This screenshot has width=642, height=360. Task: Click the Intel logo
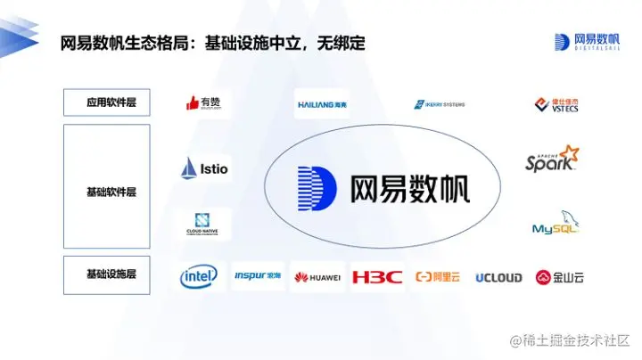[199, 277]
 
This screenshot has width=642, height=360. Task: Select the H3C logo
[376, 277]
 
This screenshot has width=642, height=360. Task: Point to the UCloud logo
[498, 277]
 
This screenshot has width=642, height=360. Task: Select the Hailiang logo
[322, 104]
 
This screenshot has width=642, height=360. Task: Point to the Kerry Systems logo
[439, 104]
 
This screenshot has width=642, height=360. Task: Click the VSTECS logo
[552, 105]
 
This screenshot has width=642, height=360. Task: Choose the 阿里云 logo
[437, 277]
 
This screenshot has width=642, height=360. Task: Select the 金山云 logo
[560, 277]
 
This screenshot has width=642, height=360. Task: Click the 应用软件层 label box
[106, 102]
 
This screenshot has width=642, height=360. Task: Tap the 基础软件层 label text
[106, 192]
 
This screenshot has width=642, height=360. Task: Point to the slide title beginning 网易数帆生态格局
[213, 43]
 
